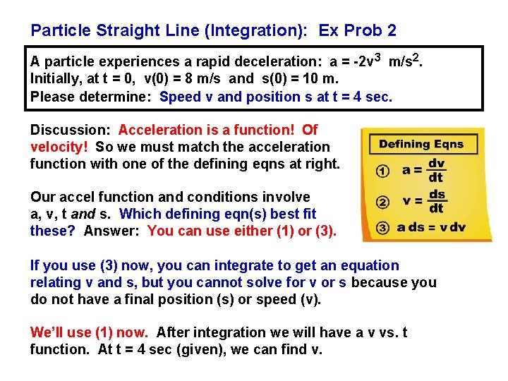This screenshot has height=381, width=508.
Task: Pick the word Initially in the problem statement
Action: (55, 80)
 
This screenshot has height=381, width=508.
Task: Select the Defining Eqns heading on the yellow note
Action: (421, 145)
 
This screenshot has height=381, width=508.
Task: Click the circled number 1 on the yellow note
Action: (382, 171)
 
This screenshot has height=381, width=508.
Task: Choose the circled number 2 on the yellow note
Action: (382, 202)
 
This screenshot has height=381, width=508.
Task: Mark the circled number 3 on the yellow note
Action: (382, 227)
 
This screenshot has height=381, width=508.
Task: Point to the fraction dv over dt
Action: (436, 170)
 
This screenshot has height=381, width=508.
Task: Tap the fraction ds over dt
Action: (436, 201)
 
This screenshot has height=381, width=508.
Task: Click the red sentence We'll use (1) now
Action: (89, 332)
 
